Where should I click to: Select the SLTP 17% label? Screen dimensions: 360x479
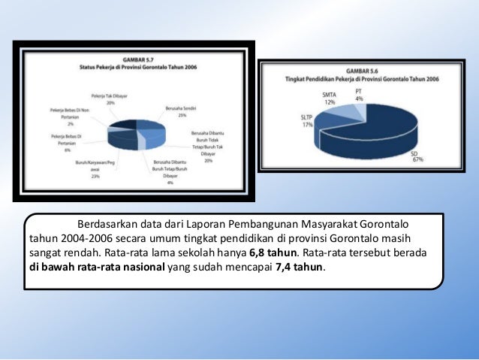pyautogui.click(x=308, y=122)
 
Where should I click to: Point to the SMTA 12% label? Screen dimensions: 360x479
pyautogui.click(x=329, y=98)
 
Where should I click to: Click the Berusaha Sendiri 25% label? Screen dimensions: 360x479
pyautogui.click(x=176, y=111)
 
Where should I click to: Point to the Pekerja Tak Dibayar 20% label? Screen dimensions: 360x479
pyautogui.click(x=110, y=98)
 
